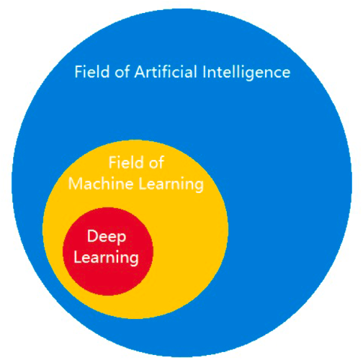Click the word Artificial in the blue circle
[x=166, y=71]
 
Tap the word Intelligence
[x=246, y=73]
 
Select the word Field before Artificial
[x=92, y=71]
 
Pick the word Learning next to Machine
[x=171, y=185]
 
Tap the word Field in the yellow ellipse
[x=126, y=162]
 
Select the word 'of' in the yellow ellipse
[x=156, y=162]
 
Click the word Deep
[x=107, y=237]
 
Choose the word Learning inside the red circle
[x=106, y=258]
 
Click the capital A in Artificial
[x=140, y=72]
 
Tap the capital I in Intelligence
[x=205, y=72]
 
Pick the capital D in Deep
[x=92, y=236]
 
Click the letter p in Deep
[x=122, y=239]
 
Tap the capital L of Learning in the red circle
[x=78, y=257]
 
